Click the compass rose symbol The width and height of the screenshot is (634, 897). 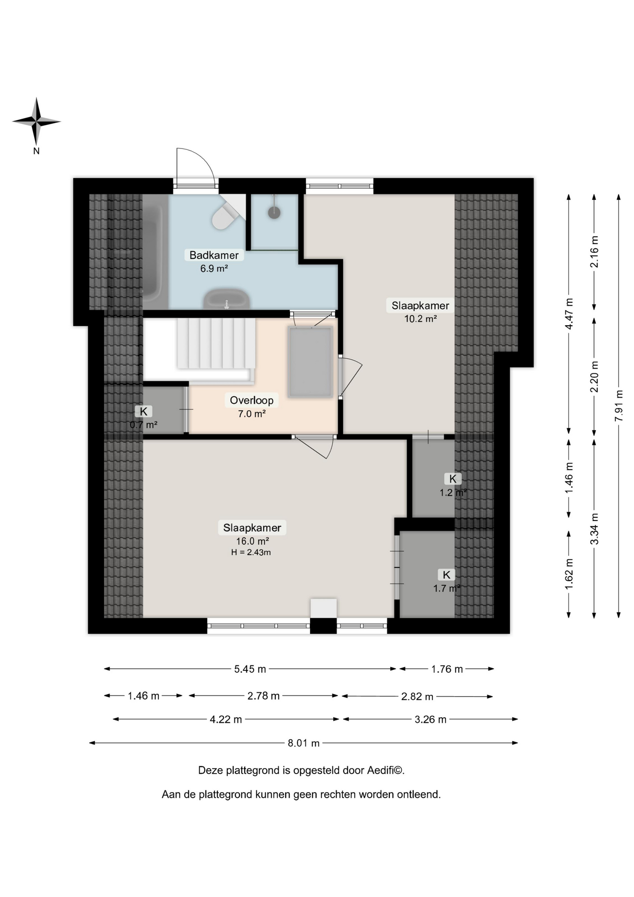36,121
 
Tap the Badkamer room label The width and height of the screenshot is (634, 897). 214,255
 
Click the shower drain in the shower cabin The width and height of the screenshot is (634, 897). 275,213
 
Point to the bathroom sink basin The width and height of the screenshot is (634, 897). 226,299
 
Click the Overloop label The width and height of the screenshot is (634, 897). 252,400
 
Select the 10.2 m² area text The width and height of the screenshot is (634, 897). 420,319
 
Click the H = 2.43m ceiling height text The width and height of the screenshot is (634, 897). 251,553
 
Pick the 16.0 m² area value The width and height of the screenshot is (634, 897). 252,541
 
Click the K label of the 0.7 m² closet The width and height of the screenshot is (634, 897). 143,412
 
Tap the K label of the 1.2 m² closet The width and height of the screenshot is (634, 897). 452,479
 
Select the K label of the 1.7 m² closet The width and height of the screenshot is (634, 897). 446,575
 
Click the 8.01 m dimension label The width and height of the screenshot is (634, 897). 303,743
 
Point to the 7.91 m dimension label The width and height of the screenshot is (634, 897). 619,406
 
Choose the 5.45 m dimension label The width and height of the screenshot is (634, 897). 250,669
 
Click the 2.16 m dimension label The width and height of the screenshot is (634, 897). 594,251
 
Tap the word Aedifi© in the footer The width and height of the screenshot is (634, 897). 385,770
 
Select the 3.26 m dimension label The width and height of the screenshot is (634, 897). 430,720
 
